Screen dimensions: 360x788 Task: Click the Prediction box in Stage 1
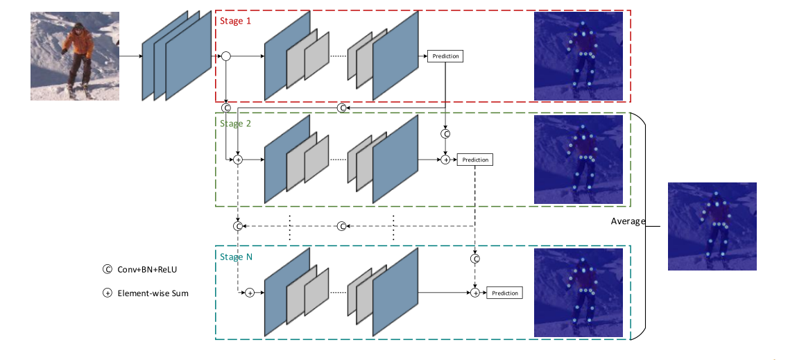445,56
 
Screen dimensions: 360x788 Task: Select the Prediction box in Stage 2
475,160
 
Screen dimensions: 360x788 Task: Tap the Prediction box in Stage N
504,293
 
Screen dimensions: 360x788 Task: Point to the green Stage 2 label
235,123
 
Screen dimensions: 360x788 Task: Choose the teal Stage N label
236,257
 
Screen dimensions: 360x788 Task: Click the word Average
628,221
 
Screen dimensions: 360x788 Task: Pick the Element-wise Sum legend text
153,293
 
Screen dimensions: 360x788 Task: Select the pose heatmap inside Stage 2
579,160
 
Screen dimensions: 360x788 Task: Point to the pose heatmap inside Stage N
579,293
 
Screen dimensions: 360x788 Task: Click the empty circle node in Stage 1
225,56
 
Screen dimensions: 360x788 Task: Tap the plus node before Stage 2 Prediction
445,160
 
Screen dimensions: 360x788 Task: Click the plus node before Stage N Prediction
475,293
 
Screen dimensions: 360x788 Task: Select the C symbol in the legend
107,269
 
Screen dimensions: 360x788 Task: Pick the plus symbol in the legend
107,293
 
